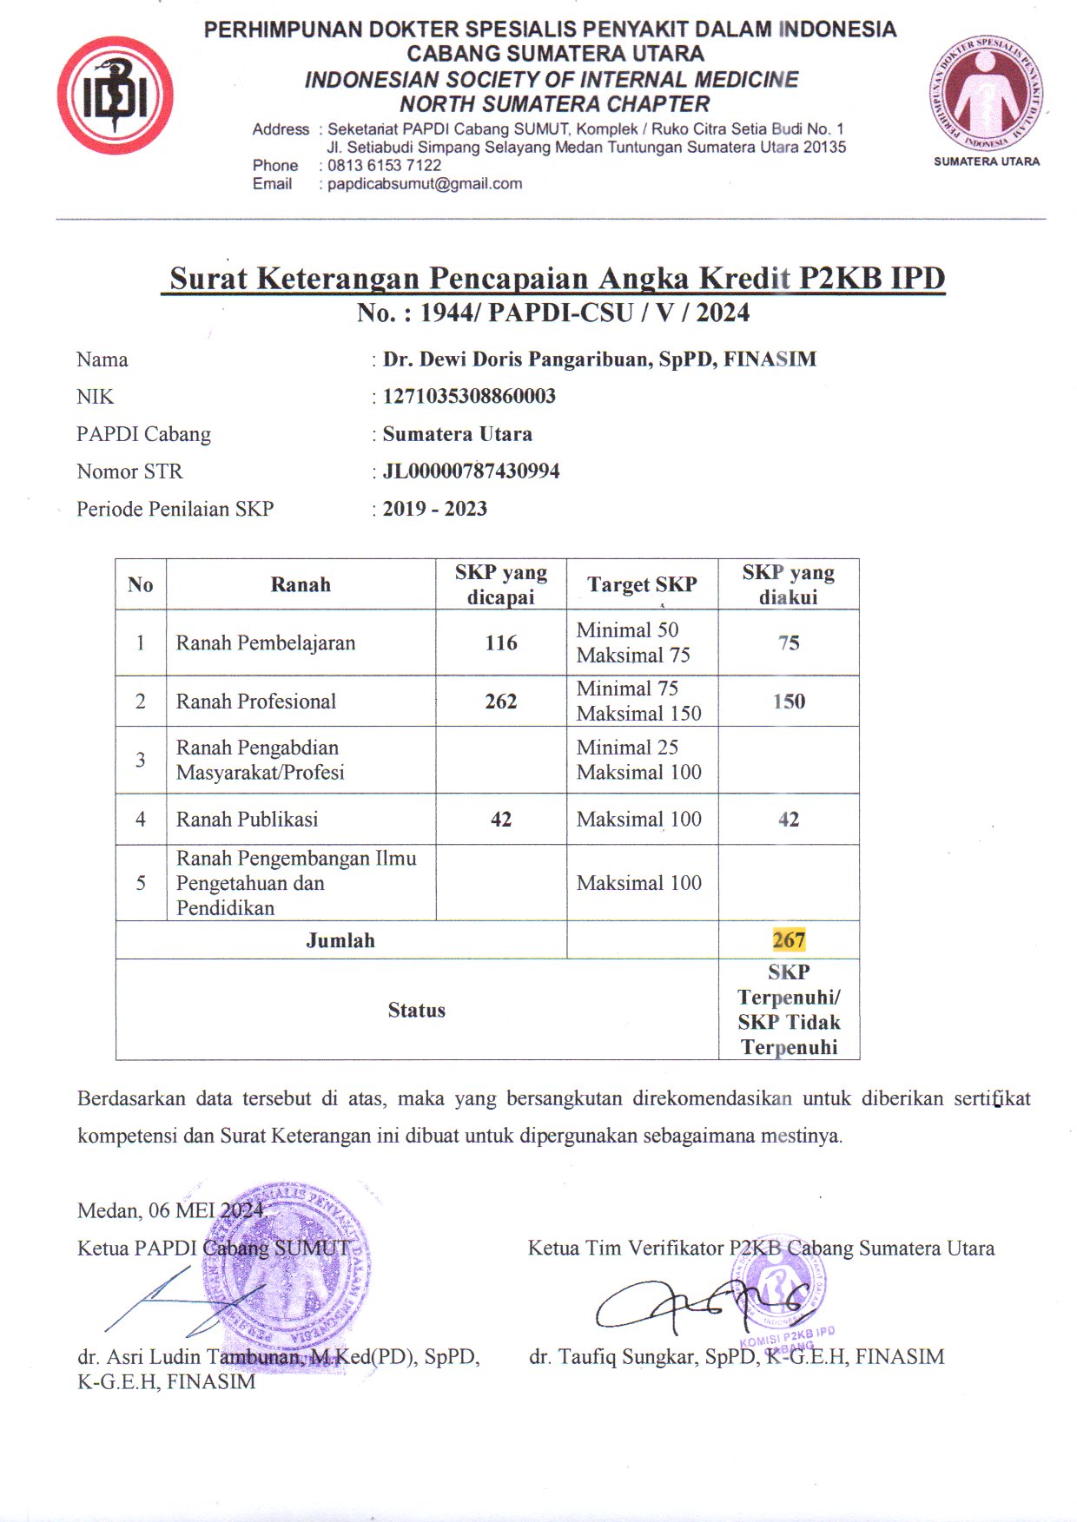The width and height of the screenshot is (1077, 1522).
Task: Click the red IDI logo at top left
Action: tap(115, 95)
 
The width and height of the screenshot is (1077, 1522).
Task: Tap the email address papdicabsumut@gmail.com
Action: tap(425, 184)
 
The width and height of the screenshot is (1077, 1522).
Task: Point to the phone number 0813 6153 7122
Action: tap(384, 165)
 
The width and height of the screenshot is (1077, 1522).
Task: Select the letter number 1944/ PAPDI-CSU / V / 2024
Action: tap(585, 313)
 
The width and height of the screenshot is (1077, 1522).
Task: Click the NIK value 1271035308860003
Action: tap(469, 397)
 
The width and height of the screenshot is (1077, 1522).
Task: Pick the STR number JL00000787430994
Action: tap(471, 471)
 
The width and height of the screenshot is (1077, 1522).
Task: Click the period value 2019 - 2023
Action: tap(434, 509)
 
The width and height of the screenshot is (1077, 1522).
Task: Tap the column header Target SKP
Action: tap(642, 584)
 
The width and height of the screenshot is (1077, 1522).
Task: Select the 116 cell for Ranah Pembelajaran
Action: tap(501, 643)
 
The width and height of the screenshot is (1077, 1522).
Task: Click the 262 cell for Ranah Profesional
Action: tap(501, 702)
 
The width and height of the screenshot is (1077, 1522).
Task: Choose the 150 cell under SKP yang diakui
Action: tap(789, 702)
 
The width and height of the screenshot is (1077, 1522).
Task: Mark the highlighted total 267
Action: tap(789, 940)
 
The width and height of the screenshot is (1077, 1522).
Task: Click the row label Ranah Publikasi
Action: tap(248, 820)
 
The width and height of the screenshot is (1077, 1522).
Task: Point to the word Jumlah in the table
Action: tap(340, 940)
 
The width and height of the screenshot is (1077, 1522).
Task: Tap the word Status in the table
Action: tap(417, 1011)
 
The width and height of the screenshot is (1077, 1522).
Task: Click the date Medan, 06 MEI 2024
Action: tap(170, 1210)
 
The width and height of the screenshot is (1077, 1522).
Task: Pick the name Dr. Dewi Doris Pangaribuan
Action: tap(519, 359)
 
